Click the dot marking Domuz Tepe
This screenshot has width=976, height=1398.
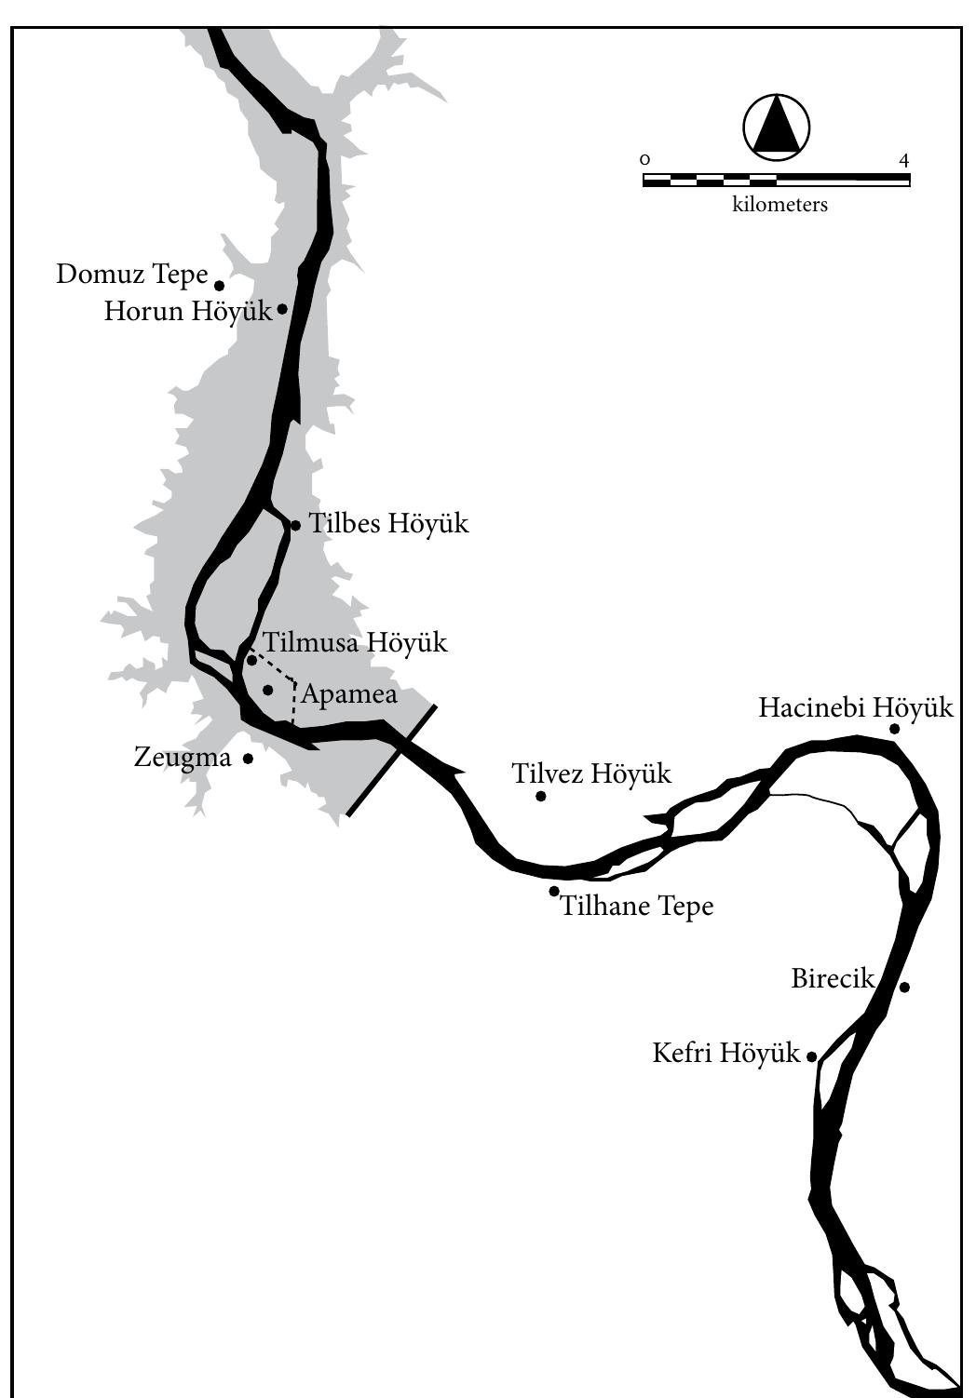(220, 286)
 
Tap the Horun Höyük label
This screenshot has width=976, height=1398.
(188, 311)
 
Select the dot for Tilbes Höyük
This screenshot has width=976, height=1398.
(296, 526)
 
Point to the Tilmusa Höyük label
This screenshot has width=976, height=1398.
(355, 642)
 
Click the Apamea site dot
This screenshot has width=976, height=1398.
(268, 690)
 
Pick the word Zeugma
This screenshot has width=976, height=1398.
(183, 757)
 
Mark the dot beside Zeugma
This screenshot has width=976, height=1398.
(249, 759)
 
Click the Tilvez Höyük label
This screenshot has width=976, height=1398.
(591, 773)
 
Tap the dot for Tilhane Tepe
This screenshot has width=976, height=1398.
(554, 891)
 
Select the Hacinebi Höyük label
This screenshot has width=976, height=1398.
(856, 708)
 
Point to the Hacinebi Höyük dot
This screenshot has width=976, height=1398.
(894, 729)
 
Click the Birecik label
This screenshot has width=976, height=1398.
(833, 979)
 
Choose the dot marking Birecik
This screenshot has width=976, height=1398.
(904, 987)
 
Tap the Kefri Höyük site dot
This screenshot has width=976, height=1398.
(812, 1056)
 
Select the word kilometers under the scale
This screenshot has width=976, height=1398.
(779, 205)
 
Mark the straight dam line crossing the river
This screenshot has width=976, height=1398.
(391, 759)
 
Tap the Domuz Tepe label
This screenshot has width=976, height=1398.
(131, 275)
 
